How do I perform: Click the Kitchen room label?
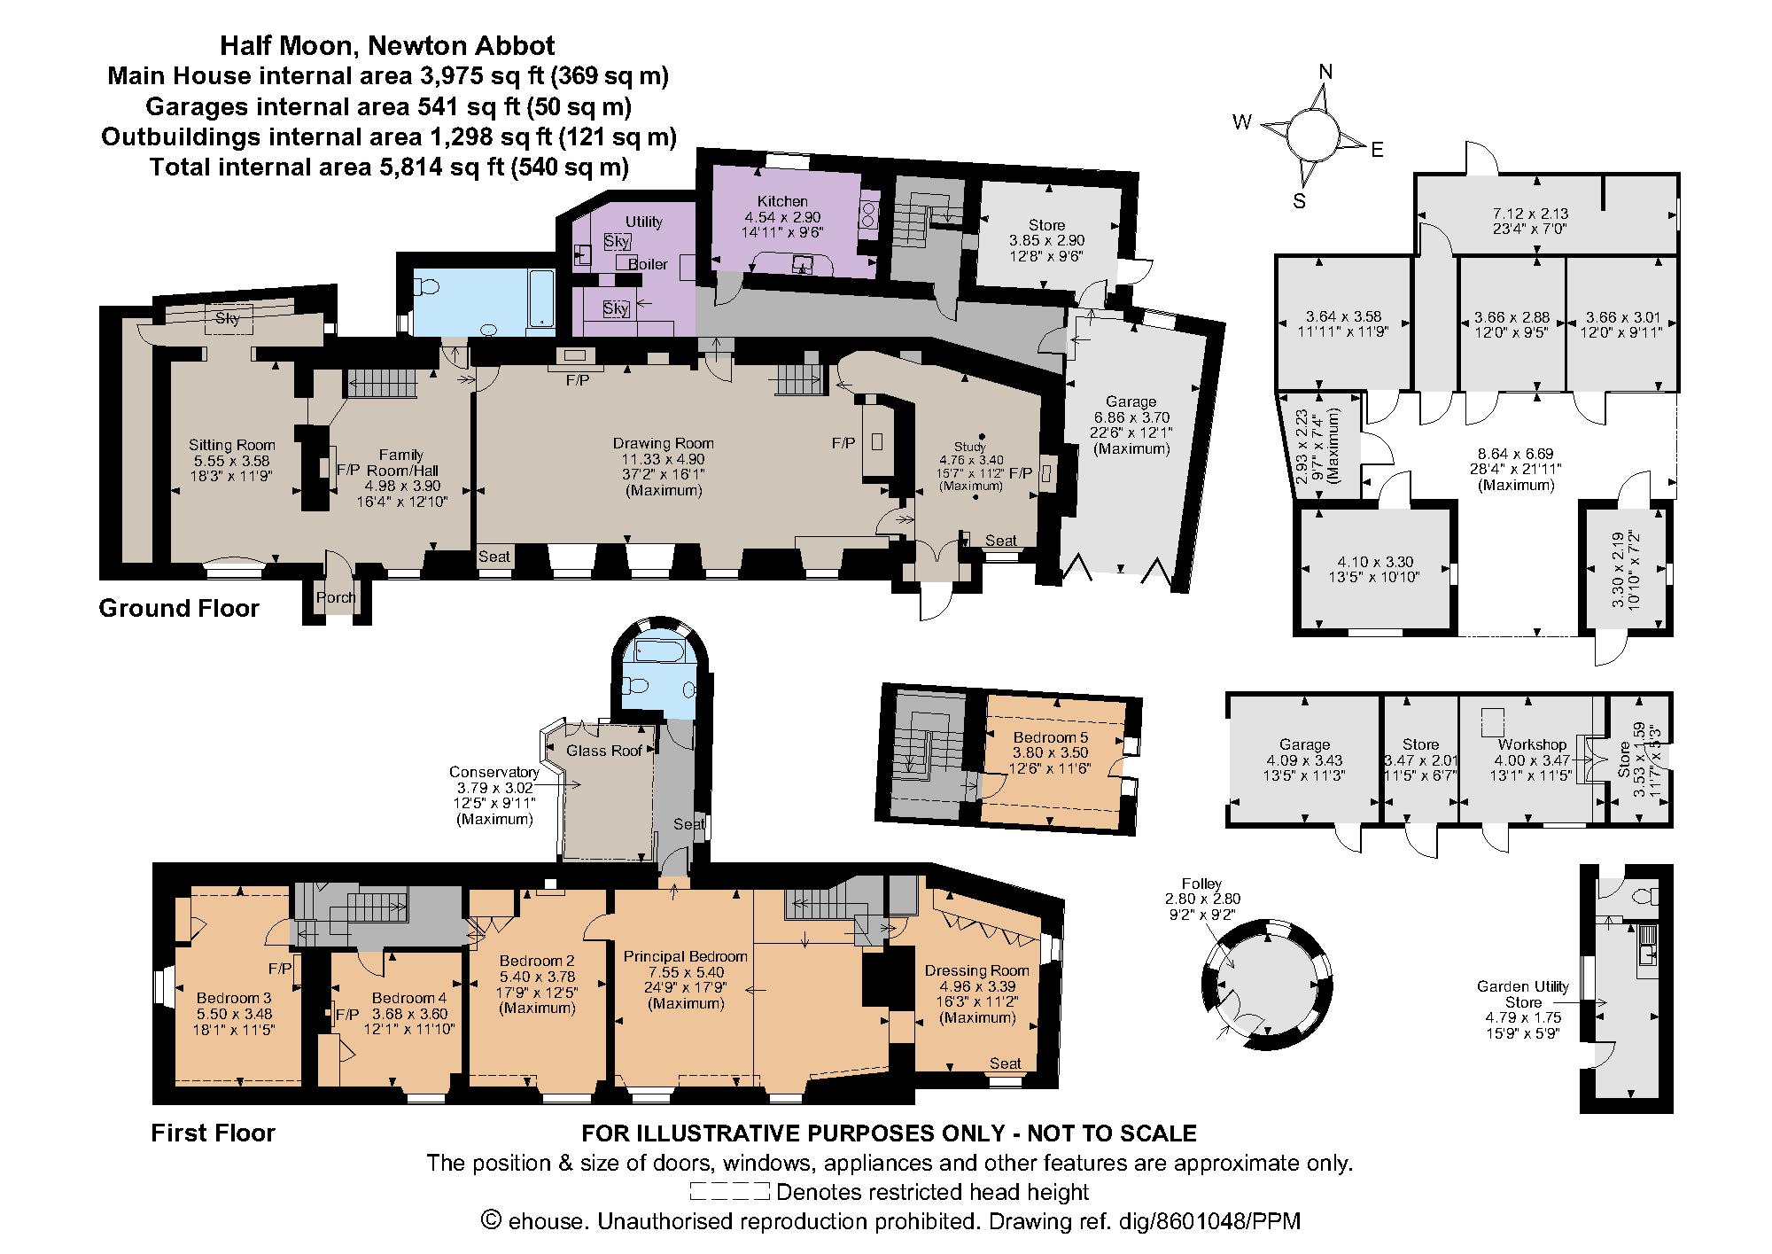pos(782,201)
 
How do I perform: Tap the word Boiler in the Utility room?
pos(648,264)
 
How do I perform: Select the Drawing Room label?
pos(664,443)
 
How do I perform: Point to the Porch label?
pos(336,597)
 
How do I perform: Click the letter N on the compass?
pos(1325,72)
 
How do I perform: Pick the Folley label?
pos(1201,884)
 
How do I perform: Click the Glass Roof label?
pos(604,751)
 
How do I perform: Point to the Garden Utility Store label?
pos(1523,993)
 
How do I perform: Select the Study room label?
pos(969,446)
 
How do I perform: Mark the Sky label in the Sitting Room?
pos(228,318)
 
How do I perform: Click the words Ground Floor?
pos(179,608)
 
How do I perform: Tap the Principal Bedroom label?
pos(686,956)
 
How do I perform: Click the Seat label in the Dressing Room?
pos(1006,1063)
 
